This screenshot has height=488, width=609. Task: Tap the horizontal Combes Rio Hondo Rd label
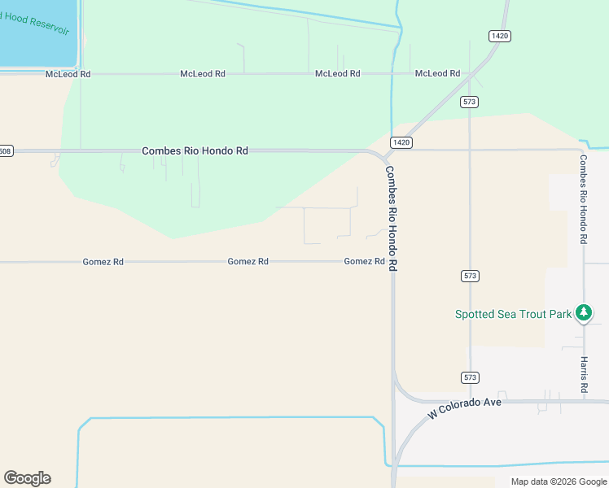pos(195,150)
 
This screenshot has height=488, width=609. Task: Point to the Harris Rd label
pos(584,375)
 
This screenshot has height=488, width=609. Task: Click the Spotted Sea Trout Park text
pos(513,314)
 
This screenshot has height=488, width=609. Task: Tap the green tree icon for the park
pos(583,312)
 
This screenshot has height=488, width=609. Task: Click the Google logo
pos(27,478)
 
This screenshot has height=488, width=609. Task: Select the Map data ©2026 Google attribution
pos(559,481)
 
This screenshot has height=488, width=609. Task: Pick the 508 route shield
pos(6,151)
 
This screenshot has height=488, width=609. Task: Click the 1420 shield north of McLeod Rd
pos(500,36)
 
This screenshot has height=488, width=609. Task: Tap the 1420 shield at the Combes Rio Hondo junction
pos(401,142)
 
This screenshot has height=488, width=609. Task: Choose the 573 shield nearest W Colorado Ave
pos(470,377)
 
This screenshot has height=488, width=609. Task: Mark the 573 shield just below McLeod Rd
pos(469,102)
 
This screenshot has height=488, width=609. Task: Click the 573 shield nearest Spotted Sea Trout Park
pos(470,276)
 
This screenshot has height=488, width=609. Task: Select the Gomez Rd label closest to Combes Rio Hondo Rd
pos(364,261)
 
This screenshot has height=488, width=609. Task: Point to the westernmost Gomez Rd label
pos(103,262)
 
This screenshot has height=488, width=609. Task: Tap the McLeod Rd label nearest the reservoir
pos(68,74)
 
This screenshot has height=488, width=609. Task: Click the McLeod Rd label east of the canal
pos(437,73)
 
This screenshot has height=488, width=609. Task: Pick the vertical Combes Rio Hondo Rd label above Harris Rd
pos(584,199)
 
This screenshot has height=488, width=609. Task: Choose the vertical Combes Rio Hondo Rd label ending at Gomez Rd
pos(391,219)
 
